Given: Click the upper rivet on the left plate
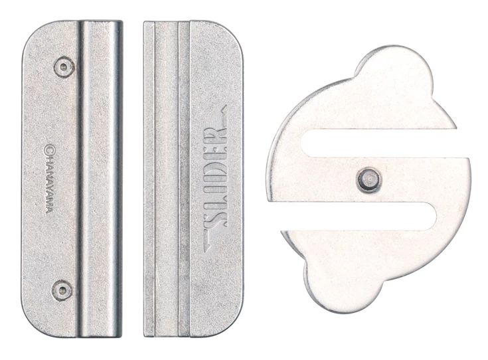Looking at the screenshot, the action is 64,67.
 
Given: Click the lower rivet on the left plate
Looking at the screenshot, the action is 62,290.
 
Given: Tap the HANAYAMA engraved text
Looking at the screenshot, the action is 50,184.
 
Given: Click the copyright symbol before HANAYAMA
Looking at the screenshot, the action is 48,149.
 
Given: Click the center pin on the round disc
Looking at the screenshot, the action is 368,180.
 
